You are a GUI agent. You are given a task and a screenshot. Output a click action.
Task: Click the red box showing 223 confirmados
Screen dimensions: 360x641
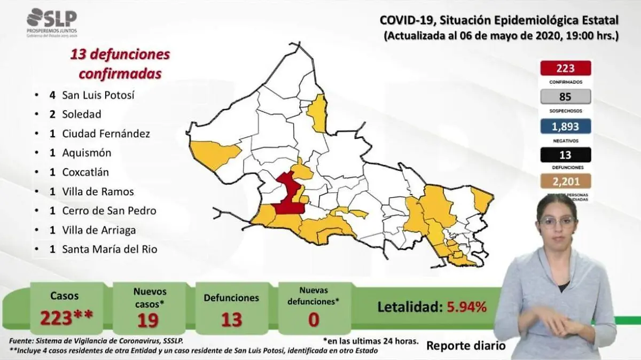pyautogui.click(x=565, y=68)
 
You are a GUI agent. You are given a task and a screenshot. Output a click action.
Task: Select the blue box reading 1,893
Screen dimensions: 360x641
pyautogui.click(x=565, y=126)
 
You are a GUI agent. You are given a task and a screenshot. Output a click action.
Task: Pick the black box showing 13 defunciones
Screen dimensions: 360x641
pyautogui.click(x=565, y=155)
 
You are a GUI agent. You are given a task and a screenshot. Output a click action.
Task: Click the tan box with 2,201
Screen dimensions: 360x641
pyautogui.click(x=565, y=181)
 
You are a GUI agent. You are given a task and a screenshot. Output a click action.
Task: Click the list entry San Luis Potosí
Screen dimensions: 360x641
pyautogui.click(x=98, y=95)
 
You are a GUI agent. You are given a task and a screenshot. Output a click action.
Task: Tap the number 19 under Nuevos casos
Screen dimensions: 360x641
pyautogui.click(x=150, y=319)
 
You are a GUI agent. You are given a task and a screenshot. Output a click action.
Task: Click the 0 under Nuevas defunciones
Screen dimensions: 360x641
pyautogui.click(x=313, y=319)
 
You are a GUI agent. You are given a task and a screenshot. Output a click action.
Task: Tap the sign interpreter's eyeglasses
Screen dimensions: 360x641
pyautogui.click(x=557, y=220)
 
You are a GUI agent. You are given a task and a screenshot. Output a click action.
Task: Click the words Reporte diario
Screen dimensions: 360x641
pyautogui.click(x=465, y=346)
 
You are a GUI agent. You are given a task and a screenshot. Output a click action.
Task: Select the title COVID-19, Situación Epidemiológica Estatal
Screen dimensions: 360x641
pyautogui.click(x=499, y=20)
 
